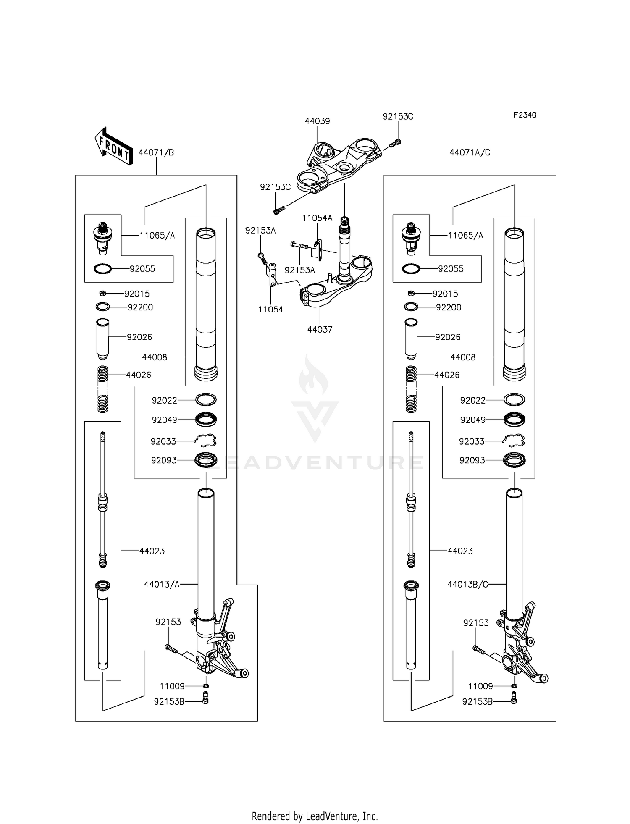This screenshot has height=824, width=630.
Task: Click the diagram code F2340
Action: (x=525, y=115)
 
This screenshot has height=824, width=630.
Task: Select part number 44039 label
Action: (x=317, y=121)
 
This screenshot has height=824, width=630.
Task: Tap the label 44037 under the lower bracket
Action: (x=320, y=330)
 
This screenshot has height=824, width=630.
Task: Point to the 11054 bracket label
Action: (x=270, y=310)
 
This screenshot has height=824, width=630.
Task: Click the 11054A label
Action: (x=317, y=218)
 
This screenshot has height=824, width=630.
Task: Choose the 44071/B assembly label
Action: (x=156, y=152)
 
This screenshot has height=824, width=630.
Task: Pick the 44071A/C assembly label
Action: (x=470, y=152)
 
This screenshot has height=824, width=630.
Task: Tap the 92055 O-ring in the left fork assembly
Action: (x=102, y=269)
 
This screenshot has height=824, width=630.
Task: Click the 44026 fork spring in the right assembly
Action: (x=411, y=389)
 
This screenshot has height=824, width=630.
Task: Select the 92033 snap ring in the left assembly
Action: (x=205, y=441)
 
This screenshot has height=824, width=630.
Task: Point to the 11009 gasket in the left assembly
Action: (x=205, y=686)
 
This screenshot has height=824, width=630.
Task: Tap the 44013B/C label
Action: (x=467, y=584)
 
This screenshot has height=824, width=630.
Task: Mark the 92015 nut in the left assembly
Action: (x=102, y=293)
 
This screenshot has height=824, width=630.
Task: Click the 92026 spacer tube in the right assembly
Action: (x=411, y=339)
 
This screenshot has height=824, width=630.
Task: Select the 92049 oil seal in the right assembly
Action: (x=514, y=419)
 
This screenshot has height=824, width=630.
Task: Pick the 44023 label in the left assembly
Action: (x=152, y=551)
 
